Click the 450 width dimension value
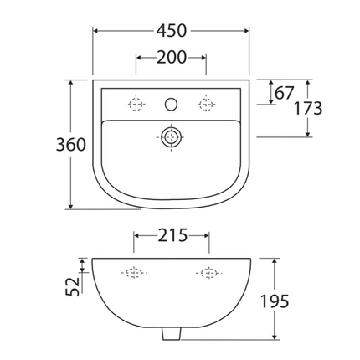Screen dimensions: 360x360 tap(171, 30)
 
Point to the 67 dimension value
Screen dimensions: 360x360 tap(285, 93)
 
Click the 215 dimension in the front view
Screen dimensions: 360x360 tap(171, 236)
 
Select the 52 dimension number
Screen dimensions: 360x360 tap(73, 286)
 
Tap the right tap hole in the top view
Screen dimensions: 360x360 tap(204, 105)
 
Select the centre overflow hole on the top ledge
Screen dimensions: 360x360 tap(171, 105)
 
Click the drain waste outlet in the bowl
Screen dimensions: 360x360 tap(171, 136)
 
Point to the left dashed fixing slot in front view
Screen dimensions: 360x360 tap(134, 273)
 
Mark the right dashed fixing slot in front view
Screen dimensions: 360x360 tap(207, 273)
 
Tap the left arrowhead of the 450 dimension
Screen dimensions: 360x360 tap(95, 31)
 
